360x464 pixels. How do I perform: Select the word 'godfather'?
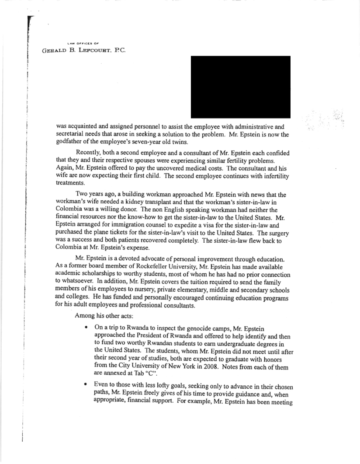coord(70,142)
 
